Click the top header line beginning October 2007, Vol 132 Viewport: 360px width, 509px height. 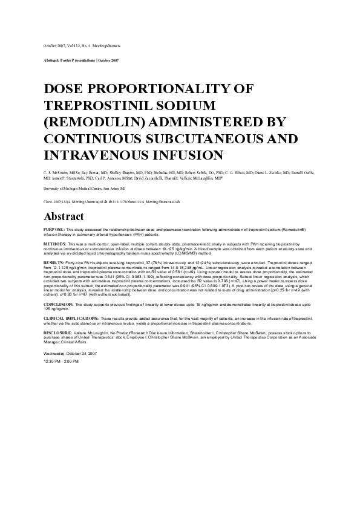[82, 45]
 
